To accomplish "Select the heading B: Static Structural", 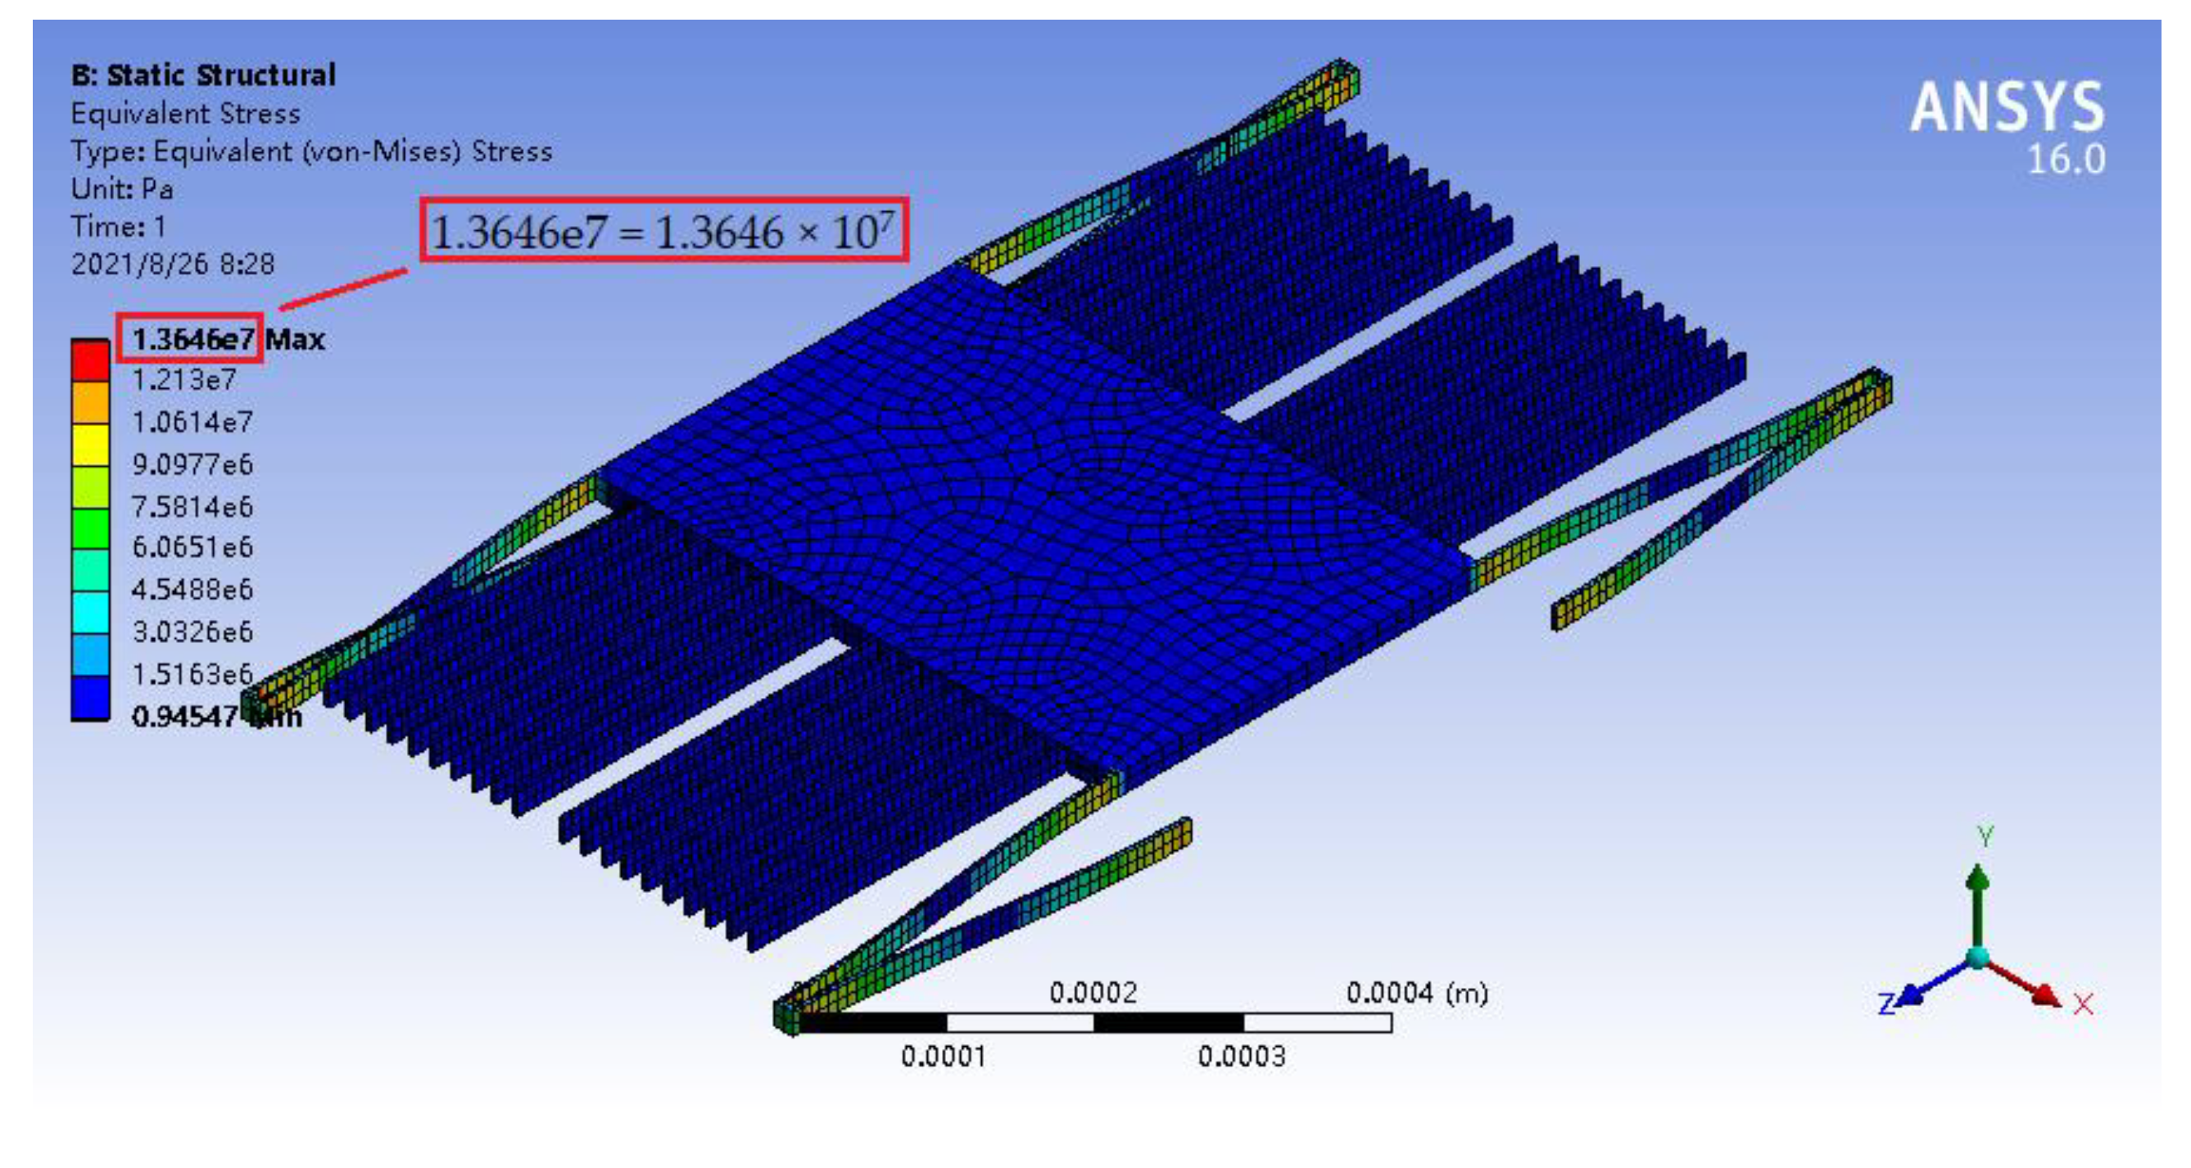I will click(203, 75).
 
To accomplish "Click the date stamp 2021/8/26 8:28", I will click(173, 264).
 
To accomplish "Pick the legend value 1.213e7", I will click(183, 379).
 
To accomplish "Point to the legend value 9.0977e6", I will click(192, 464).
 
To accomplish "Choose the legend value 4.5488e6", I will click(192, 589).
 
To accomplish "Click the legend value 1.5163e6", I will click(192, 674).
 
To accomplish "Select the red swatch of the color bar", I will click(90, 360).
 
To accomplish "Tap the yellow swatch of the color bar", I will click(90, 444).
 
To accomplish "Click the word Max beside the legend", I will click(294, 340).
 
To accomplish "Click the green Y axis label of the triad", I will click(1985, 835).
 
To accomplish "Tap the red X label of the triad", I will click(2083, 1005).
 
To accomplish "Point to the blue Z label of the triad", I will click(1885, 1004).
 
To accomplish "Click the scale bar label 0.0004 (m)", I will click(1416, 992).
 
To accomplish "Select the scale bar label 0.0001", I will click(944, 1057).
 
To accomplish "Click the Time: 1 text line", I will click(118, 226).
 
